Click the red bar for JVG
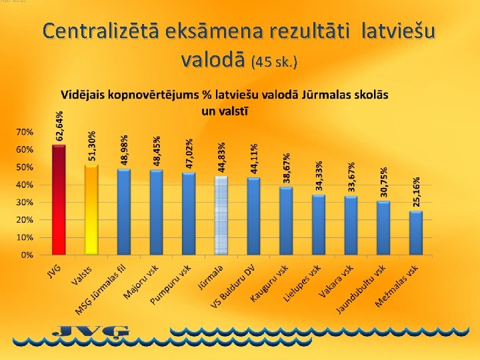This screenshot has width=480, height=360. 59,199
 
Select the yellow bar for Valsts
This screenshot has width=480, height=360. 92,209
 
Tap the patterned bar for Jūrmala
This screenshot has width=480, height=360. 221,215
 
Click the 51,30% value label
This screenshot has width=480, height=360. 92,145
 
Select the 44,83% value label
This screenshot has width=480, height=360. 222,157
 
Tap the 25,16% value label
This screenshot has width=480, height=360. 417,191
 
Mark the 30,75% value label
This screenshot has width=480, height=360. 384,182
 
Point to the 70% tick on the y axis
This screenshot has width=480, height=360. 25,132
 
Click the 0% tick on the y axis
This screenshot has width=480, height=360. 27,255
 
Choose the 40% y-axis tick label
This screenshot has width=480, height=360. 25,185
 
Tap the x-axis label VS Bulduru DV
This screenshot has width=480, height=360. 233,287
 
